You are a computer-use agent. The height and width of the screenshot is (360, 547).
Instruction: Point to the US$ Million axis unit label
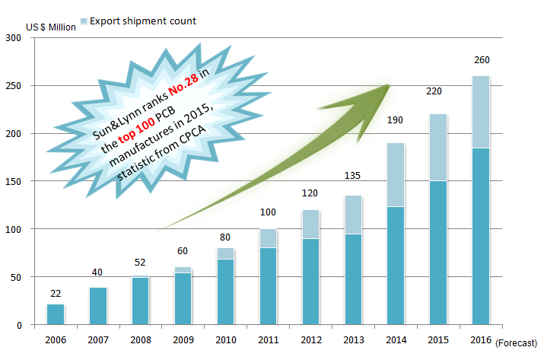(51, 28)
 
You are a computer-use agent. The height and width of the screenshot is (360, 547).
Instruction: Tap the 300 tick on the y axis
(14, 38)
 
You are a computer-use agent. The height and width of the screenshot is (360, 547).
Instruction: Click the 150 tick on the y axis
(14, 181)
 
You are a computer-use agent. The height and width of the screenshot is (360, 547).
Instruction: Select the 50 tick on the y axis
(17, 277)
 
